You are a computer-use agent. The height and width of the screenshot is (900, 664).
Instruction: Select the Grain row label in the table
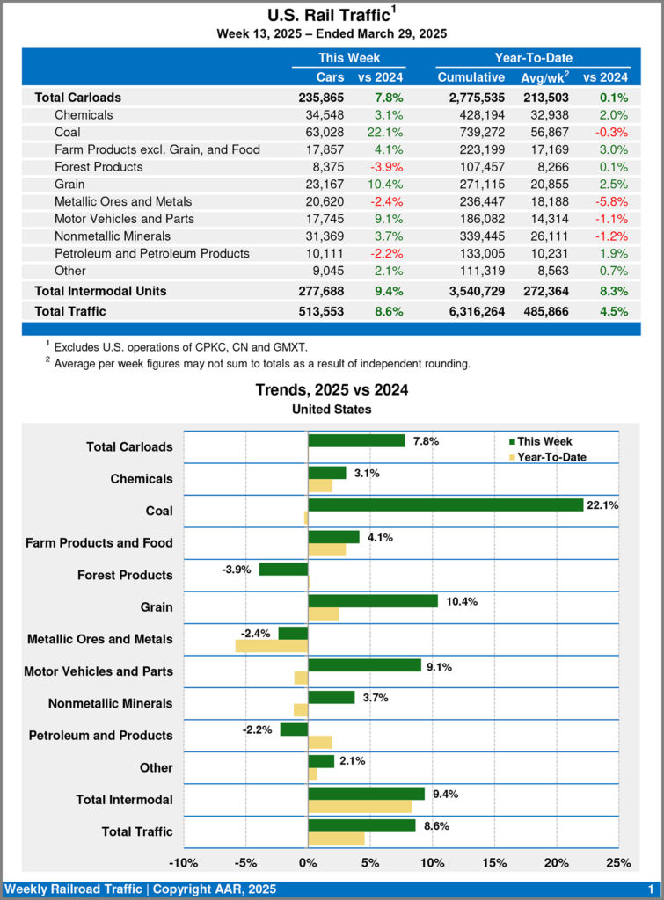[x=69, y=184]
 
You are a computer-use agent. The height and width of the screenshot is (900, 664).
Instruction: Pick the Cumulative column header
[x=471, y=77]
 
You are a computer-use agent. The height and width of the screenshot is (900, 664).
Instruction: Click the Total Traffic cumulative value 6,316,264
[x=471, y=311]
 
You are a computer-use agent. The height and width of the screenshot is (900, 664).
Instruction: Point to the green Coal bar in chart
[x=445, y=505]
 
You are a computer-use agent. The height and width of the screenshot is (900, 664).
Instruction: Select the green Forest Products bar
[x=283, y=570]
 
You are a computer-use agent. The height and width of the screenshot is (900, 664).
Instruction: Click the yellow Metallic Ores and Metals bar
[x=272, y=646]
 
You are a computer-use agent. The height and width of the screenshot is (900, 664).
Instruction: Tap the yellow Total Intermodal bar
[x=360, y=806]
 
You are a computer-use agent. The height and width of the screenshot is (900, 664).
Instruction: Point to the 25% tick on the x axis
[x=619, y=862]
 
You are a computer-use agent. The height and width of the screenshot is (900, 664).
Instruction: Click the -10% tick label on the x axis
[x=183, y=862]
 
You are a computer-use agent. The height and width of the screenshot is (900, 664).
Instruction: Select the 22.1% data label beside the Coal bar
[x=602, y=505]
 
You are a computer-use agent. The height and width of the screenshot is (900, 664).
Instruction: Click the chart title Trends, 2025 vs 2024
[x=332, y=389]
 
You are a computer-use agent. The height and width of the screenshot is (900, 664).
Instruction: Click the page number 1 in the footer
[x=650, y=889]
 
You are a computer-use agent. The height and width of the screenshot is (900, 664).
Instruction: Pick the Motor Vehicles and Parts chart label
[x=99, y=671]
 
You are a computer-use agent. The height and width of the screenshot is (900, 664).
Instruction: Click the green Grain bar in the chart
[x=373, y=601]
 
